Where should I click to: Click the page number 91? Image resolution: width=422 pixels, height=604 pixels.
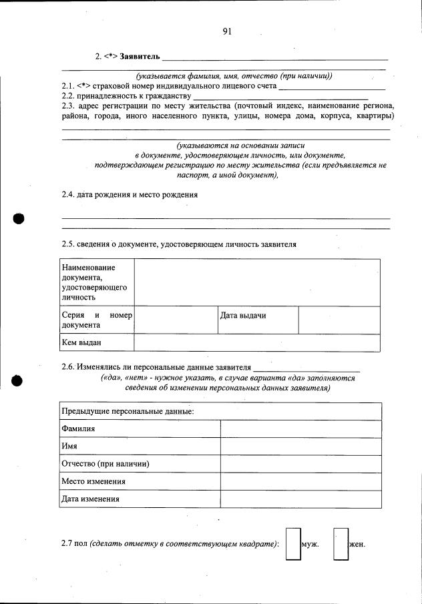coord(227,31)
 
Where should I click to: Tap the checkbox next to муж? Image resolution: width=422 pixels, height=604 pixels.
coord(293,543)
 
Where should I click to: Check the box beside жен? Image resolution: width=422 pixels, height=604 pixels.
coord(341,543)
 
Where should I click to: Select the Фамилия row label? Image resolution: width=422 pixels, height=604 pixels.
coord(78,428)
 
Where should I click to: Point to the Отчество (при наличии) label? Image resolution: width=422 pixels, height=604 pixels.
coord(105,464)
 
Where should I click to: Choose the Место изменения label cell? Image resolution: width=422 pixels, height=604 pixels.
coord(93,481)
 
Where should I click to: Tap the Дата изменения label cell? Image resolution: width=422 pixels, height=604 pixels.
coord(90,499)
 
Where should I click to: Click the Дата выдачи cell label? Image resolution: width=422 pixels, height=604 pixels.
coord(243,315)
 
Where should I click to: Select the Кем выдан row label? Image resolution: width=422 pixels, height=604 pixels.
coord(81,342)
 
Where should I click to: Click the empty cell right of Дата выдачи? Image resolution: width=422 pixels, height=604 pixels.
coord(339,320)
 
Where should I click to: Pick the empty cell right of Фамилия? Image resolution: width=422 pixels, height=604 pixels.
coord(300,428)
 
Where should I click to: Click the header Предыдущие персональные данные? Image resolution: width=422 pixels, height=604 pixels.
coord(128,411)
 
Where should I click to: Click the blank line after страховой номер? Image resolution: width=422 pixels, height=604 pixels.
coord(332,87)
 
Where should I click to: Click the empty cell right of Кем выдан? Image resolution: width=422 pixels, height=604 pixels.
coord(257,342)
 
